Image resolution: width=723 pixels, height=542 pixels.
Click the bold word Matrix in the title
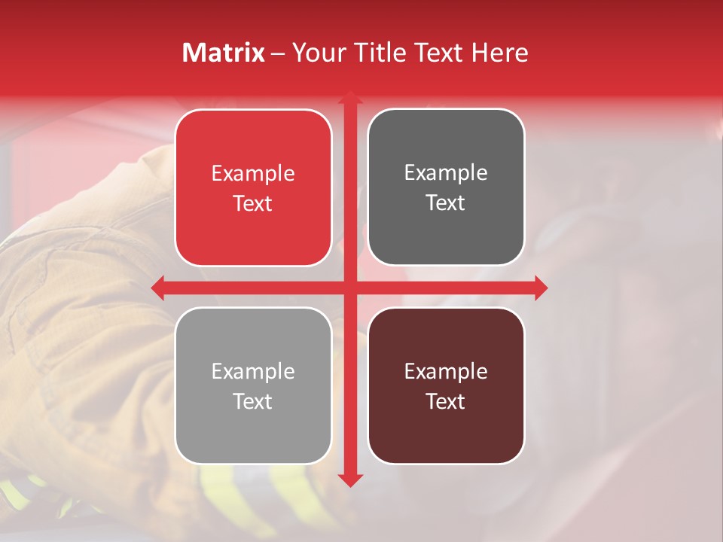[x=224, y=53]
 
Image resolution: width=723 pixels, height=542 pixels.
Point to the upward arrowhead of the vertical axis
[x=349, y=99]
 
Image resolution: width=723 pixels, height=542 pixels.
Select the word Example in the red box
[x=253, y=174]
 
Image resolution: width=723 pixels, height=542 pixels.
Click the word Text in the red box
[x=253, y=203]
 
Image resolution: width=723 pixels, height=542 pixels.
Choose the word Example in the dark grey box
[x=446, y=173]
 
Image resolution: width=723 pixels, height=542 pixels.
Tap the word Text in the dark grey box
[x=446, y=202]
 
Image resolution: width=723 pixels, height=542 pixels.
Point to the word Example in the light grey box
[x=253, y=371]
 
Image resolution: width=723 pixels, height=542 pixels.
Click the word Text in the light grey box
[x=253, y=401]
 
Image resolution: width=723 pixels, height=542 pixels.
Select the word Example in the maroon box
[x=446, y=371]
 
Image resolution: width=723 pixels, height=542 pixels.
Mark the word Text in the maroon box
[x=446, y=401]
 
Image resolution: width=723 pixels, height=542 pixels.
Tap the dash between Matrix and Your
[x=278, y=53]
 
